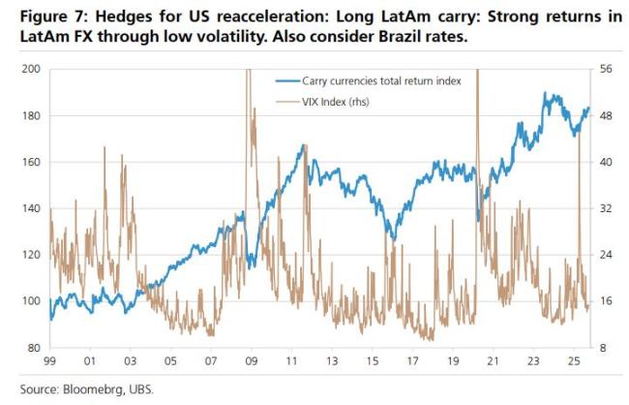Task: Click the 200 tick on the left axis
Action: pos(33,69)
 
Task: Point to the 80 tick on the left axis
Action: pos(36,348)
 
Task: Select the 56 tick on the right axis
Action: pos(606,69)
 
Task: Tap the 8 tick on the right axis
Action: pos(603,348)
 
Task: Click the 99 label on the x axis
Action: pos(49,362)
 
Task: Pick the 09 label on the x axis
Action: pos(251,362)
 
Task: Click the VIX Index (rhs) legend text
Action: pos(336,101)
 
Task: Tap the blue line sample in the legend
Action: pos(287,81)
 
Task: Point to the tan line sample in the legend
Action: pos(287,101)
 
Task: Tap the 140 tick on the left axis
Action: pos(33,208)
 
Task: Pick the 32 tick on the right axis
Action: pos(606,208)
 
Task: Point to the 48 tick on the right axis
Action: pos(606,115)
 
